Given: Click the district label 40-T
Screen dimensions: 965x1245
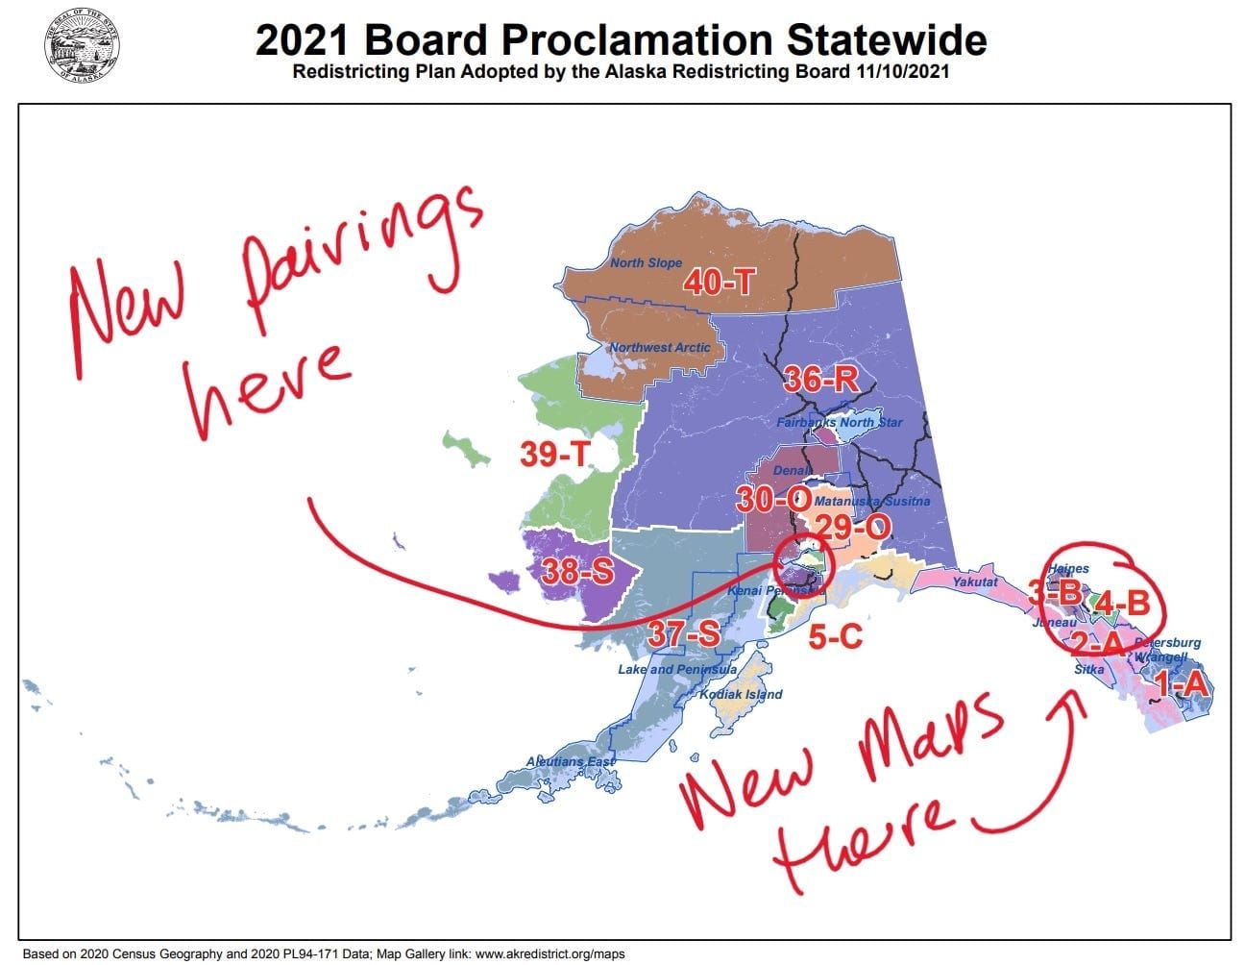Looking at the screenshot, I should pyautogui.click(x=719, y=282).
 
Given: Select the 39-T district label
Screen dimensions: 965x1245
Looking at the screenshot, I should pyautogui.click(x=554, y=454).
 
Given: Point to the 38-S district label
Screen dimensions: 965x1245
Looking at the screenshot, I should pyautogui.click(x=576, y=572).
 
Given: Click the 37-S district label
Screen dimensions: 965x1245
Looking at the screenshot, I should pyautogui.click(x=683, y=633).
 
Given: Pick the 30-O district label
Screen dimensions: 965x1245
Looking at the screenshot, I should pyautogui.click(x=773, y=499).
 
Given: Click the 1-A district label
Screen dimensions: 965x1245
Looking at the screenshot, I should pyautogui.click(x=1181, y=684).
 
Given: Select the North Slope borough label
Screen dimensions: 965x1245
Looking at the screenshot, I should pyautogui.click(x=646, y=262).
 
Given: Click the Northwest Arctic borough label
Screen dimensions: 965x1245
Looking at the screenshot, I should pyautogui.click(x=660, y=347).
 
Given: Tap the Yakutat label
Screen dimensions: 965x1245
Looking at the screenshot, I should pyautogui.click(x=975, y=581).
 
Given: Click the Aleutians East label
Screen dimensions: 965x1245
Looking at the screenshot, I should pyautogui.click(x=571, y=761).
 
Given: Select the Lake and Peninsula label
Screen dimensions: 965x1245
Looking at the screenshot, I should pyautogui.click(x=677, y=669).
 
